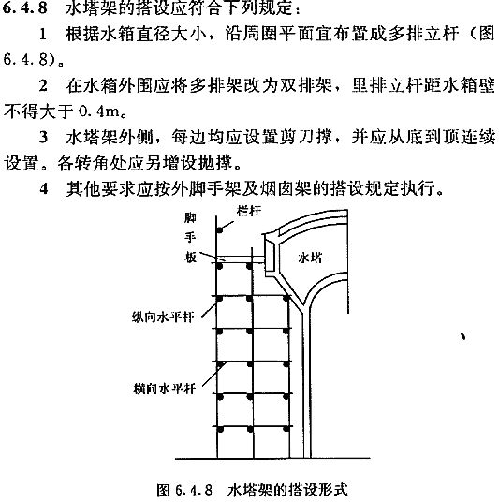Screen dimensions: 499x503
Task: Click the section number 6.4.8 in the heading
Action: (24, 8)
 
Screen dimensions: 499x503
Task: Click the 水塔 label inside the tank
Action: (311, 258)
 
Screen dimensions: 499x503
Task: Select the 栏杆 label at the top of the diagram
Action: (249, 211)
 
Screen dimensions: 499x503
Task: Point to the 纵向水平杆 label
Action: (163, 318)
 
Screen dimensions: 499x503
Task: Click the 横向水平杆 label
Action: (164, 389)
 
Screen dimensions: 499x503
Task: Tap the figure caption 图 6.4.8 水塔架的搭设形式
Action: (253, 490)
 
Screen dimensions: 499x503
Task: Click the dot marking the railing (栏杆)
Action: (220, 230)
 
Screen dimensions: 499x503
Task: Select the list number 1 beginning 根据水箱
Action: (43, 34)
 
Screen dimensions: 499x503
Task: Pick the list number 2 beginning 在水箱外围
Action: (43, 85)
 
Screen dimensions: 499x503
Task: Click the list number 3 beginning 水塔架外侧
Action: (43, 138)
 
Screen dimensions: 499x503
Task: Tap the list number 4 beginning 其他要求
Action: (44, 188)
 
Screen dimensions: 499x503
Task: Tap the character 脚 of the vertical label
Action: (190, 218)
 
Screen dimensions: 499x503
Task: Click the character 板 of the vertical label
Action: (190, 257)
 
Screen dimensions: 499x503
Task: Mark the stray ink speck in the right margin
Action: (462, 336)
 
